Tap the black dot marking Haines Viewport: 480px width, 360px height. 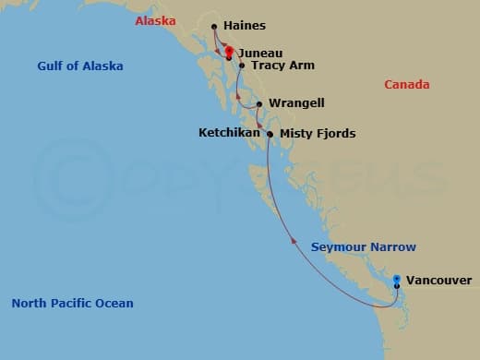pyautogui.click(x=214, y=27)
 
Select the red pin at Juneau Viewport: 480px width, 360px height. pyautogui.click(x=229, y=52)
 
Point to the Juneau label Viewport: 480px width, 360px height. pyautogui.click(x=259, y=54)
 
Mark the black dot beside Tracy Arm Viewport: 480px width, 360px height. pyautogui.click(x=242, y=66)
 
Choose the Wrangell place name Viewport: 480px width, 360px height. pyautogui.click(x=296, y=103)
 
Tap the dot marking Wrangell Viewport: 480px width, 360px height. pyautogui.click(x=259, y=103)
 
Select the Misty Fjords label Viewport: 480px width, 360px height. pyautogui.click(x=317, y=134)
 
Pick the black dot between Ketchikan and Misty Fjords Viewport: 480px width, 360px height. pyautogui.click(x=270, y=134)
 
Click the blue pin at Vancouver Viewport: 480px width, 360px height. pyautogui.click(x=397, y=279)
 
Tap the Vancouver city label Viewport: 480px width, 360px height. pyautogui.click(x=438, y=280)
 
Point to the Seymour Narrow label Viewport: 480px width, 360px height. pyautogui.click(x=363, y=247)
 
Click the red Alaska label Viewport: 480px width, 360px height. pyautogui.click(x=154, y=20)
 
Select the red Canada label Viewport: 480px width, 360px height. pyautogui.click(x=407, y=85)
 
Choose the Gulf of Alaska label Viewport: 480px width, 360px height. pyautogui.click(x=80, y=66)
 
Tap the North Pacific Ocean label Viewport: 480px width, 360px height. pyautogui.click(x=72, y=304)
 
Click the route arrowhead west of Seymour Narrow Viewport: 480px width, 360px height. pyautogui.click(x=294, y=239)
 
